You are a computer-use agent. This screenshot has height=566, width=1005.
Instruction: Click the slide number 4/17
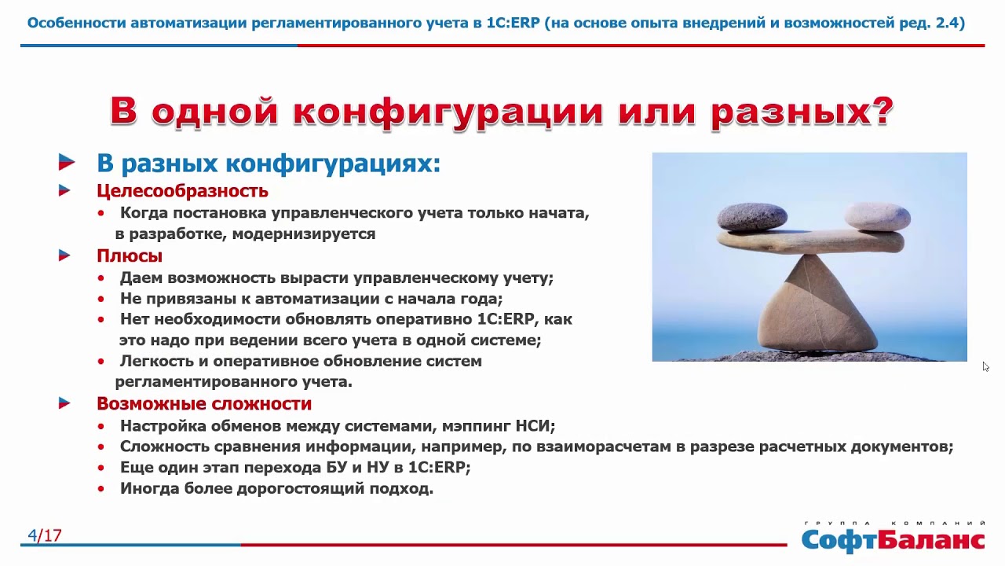click(45, 535)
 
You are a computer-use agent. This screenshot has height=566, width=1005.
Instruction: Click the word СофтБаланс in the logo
click(893, 541)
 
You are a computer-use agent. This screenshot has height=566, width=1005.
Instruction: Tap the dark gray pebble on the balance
click(752, 218)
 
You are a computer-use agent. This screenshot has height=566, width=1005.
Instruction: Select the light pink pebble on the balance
click(878, 216)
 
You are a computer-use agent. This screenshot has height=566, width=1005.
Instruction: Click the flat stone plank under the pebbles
click(810, 244)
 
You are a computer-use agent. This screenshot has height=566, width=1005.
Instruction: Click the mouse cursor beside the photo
click(985, 366)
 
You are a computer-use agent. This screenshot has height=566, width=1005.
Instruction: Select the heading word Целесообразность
click(183, 191)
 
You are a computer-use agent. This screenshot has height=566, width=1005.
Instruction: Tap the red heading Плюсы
click(130, 256)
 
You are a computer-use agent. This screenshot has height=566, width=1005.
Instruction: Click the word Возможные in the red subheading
click(152, 403)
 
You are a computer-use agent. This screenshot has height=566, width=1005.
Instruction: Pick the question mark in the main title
click(882, 111)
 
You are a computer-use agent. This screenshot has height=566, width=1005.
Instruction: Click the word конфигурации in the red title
click(448, 112)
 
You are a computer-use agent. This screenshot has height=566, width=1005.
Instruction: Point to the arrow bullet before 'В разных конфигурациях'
click(67, 162)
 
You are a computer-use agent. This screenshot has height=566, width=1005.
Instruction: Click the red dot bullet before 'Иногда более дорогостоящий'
click(101, 489)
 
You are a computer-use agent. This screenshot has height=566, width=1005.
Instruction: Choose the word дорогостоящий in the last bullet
click(300, 489)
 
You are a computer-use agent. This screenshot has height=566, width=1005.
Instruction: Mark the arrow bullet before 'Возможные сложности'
click(64, 403)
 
